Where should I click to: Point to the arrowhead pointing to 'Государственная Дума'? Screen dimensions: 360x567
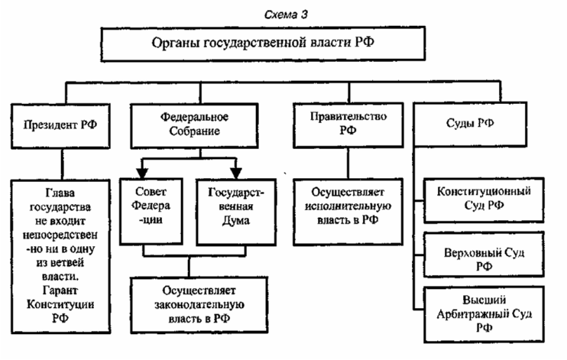tap(235, 168)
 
